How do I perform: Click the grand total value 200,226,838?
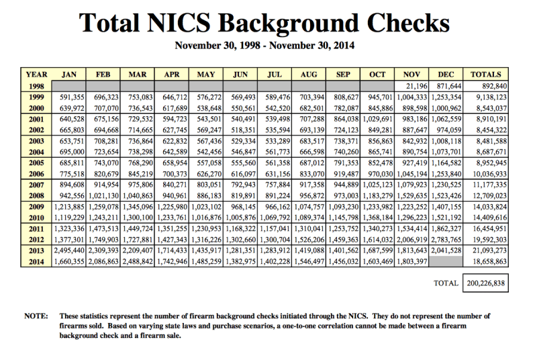[x=485, y=283]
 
